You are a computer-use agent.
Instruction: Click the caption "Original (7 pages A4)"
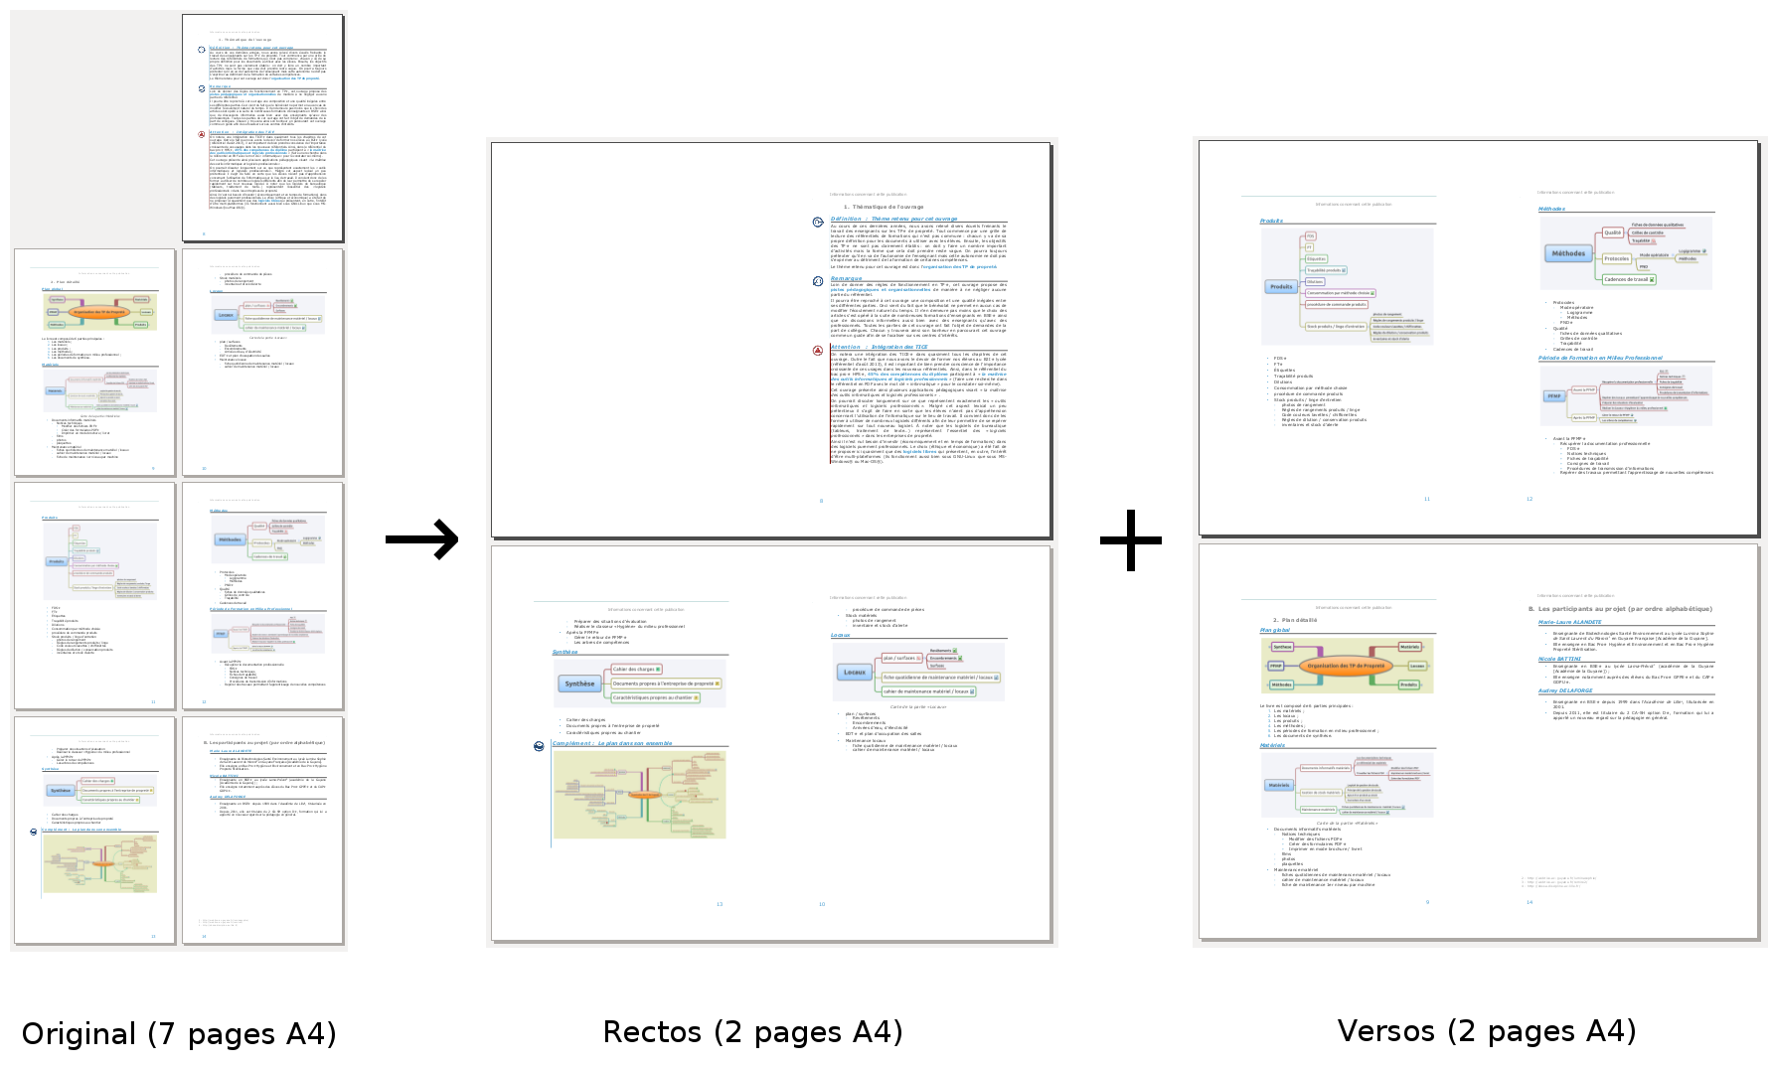[179, 1034]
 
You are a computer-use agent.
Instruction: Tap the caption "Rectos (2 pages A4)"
[752, 1032]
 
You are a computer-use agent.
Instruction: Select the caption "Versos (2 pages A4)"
[1486, 1031]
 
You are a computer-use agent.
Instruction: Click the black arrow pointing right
[422, 539]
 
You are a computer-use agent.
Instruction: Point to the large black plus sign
[1131, 540]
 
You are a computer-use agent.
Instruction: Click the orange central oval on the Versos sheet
[1346, 666]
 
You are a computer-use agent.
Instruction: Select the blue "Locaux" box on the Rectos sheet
[855, 673]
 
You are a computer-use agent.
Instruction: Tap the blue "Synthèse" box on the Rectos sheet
[579, 684]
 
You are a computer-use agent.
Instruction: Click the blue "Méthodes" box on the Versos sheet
[1568, 253]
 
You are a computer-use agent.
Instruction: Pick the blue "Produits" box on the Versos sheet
[1281, 287]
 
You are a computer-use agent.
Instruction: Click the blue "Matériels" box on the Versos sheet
[1279, 785]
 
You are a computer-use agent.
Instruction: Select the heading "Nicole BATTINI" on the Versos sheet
[1559, 659]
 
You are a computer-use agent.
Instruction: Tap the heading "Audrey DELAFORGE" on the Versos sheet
[1565, 690]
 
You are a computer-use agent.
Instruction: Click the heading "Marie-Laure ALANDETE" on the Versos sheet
[1569, 622]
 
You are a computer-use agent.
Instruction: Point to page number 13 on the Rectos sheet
[720, 904]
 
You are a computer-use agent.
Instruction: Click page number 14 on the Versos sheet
[1529, 902]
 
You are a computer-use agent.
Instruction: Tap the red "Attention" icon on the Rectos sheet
[818, 350]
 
